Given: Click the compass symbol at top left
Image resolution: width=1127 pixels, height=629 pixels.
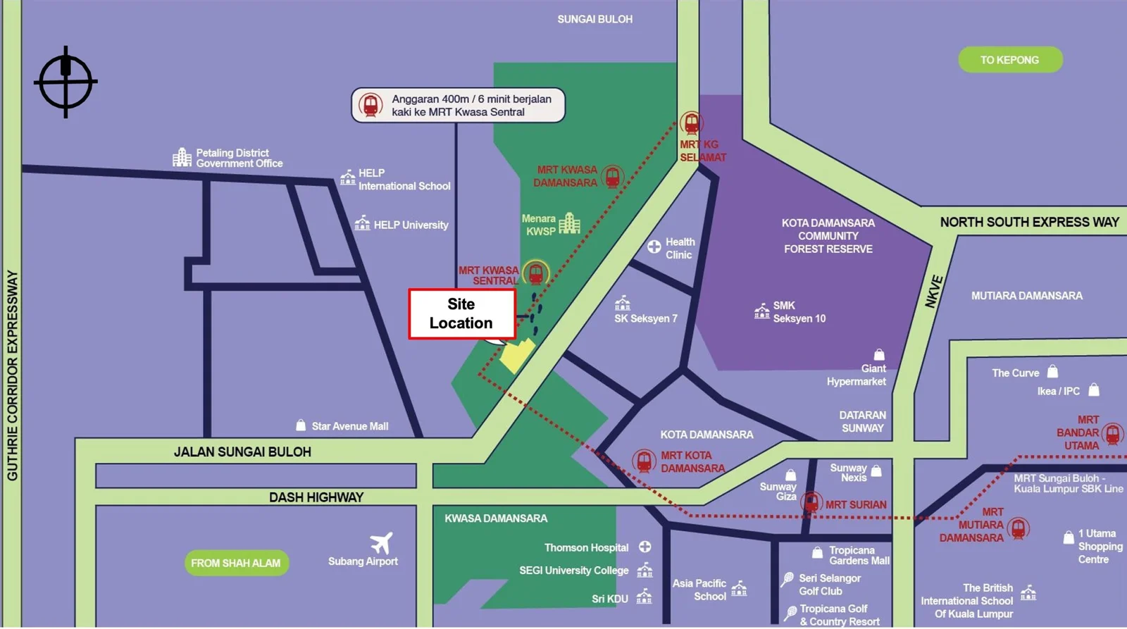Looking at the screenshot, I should (x=66, y=82).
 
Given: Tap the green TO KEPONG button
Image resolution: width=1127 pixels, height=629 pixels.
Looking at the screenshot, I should (x=1009, y=60).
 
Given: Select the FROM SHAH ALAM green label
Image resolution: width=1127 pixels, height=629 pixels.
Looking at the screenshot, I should (x=236, y=563).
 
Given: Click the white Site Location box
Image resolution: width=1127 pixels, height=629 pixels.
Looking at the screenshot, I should (x=461, y=313).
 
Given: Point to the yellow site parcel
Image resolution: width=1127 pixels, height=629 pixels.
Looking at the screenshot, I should (x=517, y=354).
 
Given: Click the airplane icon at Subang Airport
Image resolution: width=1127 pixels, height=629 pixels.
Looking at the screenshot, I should (x=381, y=543).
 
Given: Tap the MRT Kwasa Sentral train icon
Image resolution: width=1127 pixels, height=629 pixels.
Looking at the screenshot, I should (x=536, y=273).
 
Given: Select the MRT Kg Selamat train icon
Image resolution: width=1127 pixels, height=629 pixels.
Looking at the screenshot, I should (x=692, y=124).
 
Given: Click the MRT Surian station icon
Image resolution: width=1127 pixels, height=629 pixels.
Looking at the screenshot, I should (x=811, y=503).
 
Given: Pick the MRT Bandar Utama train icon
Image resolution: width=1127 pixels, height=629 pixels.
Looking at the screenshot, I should (x=1112, y=433).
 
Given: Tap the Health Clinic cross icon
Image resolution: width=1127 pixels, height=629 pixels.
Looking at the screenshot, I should (x=654, y=247).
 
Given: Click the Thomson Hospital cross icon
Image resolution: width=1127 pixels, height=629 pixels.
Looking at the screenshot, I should (x=645, y=547).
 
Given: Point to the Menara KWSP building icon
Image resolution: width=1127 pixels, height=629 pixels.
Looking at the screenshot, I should (x=569, y=224).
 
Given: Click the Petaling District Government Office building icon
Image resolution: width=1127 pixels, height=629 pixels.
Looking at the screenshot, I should (x=182, y=157).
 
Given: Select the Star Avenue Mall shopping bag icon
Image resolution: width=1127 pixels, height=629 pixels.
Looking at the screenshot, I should (x=301, y=425).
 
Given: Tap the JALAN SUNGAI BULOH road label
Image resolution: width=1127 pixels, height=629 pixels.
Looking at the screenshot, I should (x=242, y=451).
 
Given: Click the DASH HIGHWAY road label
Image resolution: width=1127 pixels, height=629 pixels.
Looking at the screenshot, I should (x=316, y=497).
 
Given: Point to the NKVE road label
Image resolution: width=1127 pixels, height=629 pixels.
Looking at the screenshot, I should (x=933, y=292).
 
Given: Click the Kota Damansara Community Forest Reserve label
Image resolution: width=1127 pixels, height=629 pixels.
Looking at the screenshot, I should (x=828, y=236).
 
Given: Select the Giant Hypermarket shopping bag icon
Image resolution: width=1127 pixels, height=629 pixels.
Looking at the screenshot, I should (x=879, y=354).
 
